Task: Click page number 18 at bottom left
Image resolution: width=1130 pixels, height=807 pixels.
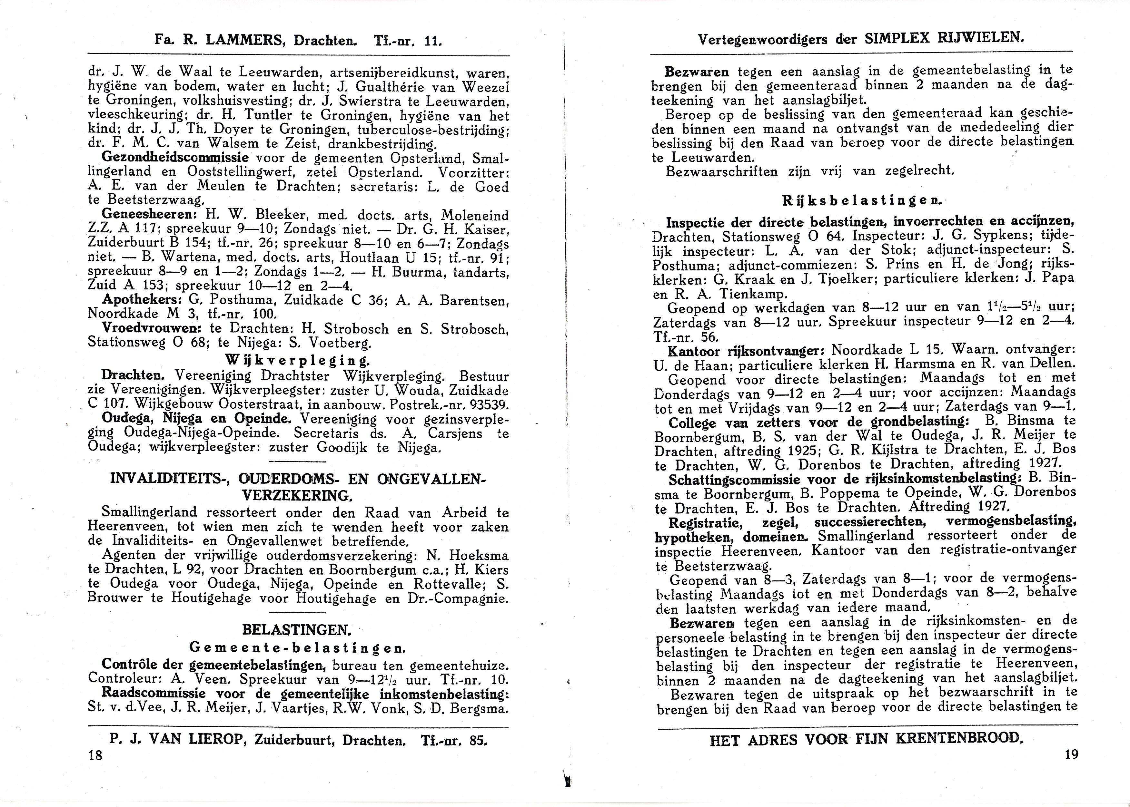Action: point(95,756)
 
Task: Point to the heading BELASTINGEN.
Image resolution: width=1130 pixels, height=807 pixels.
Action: point(297,630)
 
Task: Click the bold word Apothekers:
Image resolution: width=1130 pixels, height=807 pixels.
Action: point(142,300)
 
